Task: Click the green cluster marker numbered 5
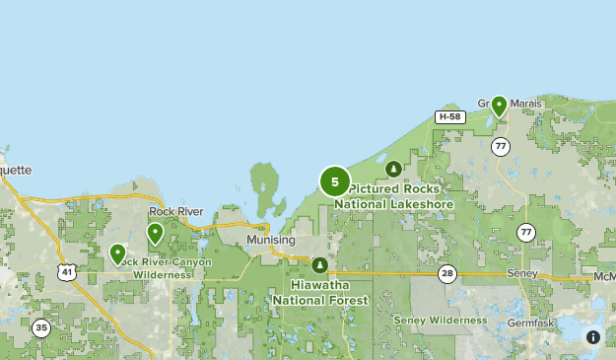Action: (x=335, y=181)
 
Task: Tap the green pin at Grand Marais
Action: (x=500, y=106)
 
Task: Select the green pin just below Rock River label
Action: (x=155, y=233)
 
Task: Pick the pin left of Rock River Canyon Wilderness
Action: (x=117, y=254)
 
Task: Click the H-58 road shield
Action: (x=449, y=116)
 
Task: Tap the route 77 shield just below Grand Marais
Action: (x=501, y=146)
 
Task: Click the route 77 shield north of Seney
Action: (x=525, y=233)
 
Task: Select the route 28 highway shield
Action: (x=447, y=273)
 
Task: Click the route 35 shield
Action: (x=40, y=328)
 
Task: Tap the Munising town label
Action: (x=271, y=240)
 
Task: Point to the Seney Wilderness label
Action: (x=440, y=321)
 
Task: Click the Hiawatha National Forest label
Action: (x=320, y=292)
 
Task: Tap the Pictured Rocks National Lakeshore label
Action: (x=394, y=196)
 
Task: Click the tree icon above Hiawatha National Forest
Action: (x=319, y=264)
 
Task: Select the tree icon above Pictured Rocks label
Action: (x=394, y=169)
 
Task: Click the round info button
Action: (x=593, y=336)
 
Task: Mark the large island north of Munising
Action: (x=265, y=184)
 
